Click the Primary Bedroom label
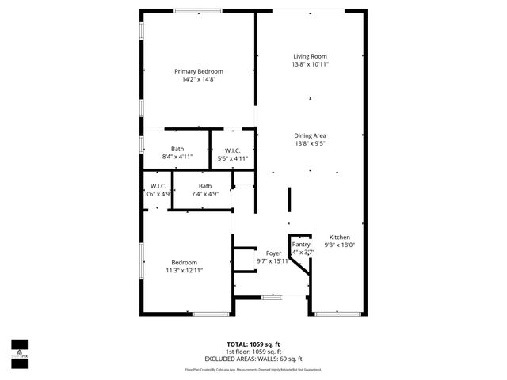tap(199, 71)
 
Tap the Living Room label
tap(311, 56)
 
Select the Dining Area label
tap(311, 135)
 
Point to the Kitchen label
tap(340, 237)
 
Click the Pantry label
tap(301, 245)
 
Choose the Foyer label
tap(273, 253)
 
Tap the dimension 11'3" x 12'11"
tap(185, 271)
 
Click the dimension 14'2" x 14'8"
tap(199, 79)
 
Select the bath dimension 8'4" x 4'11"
tap(177, 157)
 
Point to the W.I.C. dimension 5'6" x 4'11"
tap(233, 158)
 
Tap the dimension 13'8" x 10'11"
tap(311, 64)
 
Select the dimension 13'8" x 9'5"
tap(311, 143)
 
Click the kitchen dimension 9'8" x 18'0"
tap(340, 245)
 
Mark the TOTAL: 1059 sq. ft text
tap(253, 344)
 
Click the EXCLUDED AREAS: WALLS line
tap(253, 359)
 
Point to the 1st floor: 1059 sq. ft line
tap(253, 351)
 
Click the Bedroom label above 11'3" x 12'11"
tap(185, 263)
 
